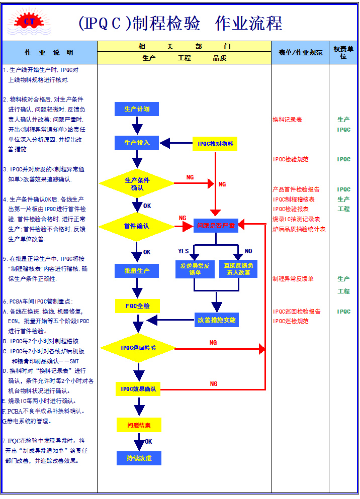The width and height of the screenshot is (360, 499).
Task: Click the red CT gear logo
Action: tap(25, 21)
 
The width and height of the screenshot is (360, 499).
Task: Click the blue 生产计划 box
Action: tap(137, 109)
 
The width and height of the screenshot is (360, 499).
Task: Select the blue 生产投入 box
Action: tap(137, 143)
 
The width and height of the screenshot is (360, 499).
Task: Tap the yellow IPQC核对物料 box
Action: tap(215, 144)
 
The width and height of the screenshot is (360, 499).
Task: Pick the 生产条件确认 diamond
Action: tap(137, 183)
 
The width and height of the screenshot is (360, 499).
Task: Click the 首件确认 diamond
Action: tap(137, 226)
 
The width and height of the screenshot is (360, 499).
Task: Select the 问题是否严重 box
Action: tap(216, 226)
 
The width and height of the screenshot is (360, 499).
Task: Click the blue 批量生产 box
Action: tap(137, 271)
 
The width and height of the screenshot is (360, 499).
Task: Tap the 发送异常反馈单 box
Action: tap(195, 269)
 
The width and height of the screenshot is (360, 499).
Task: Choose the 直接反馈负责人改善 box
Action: tap(238, 269)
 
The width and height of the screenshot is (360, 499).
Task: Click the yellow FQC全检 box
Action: tap(137, 306)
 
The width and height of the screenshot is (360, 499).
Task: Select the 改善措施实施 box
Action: tap(217, 320)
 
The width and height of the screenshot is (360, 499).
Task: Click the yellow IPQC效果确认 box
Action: tap(138, 389)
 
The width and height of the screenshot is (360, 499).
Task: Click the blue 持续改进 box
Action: tap(139, 458)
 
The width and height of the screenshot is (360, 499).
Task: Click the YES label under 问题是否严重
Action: tap(184, 251)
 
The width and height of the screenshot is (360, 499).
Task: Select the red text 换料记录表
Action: tap(287, 120)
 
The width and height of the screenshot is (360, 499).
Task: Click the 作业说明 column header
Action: tap(49, 52)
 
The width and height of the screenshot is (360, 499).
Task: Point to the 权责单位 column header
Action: tap(343, 52)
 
